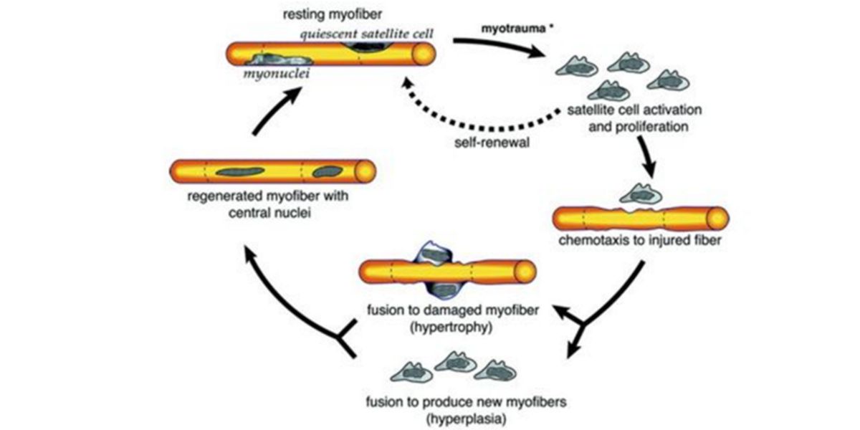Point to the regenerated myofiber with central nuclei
[272, 172]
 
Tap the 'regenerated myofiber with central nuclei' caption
[273, 204]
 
